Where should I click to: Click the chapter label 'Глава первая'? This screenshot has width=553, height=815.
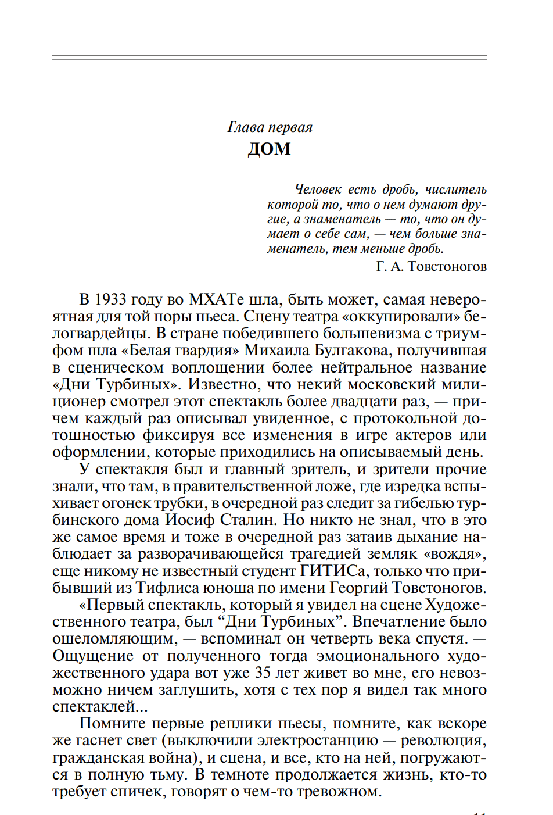pos(270,127)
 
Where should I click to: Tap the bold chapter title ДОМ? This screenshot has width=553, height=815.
pos(270,149)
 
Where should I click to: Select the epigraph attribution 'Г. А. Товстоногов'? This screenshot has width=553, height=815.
pos(431,266)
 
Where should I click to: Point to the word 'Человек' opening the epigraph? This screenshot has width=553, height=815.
pos(318,190)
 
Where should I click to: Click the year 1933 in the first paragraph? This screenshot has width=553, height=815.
pos(110,299)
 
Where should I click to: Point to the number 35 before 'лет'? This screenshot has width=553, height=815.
pos(263,673)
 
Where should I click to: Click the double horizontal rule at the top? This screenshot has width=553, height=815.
pos(270,58)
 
